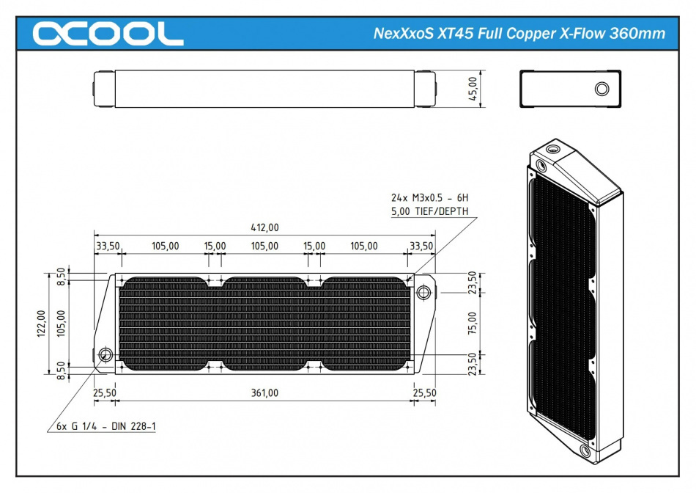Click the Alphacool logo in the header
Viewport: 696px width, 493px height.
click(x=108, y=33)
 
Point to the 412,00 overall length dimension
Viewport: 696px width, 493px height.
click(x=264, y=228)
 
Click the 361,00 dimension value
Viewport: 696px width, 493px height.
click(x=264, y=393)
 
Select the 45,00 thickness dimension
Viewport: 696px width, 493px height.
click(x=473, y=89)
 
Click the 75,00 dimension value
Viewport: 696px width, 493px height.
click(x=473, y=323)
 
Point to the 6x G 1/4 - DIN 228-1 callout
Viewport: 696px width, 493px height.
click(x=105, y=427)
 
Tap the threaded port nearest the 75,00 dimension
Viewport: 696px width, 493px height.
click(x=423, y=292)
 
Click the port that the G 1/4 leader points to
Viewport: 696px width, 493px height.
click(x=105, y=355)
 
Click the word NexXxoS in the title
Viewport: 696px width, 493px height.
click(x=399, y=34)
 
